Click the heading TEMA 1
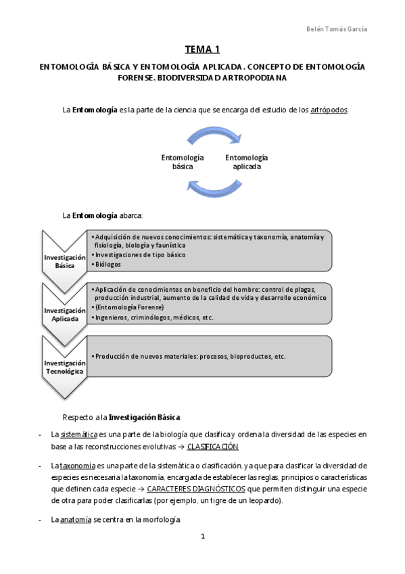click(202, 49)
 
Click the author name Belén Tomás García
click(342, 29)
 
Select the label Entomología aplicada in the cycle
click(246, 161)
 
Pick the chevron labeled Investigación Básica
click(65, 261)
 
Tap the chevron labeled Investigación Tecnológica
click(65, 368)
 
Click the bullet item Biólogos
click(108, 265)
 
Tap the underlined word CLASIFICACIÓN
click(213, 447)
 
